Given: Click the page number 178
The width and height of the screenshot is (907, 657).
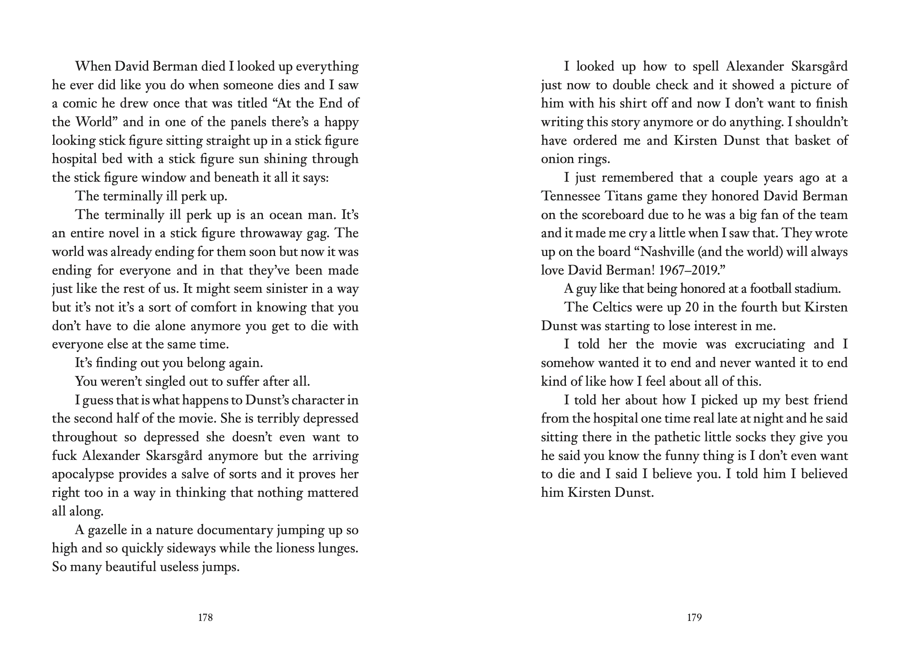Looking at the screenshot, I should tap(205, 618).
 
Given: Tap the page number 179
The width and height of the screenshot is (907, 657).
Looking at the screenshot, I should tap(694, 618).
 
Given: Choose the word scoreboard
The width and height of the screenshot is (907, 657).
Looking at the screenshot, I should tap(591, 215).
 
